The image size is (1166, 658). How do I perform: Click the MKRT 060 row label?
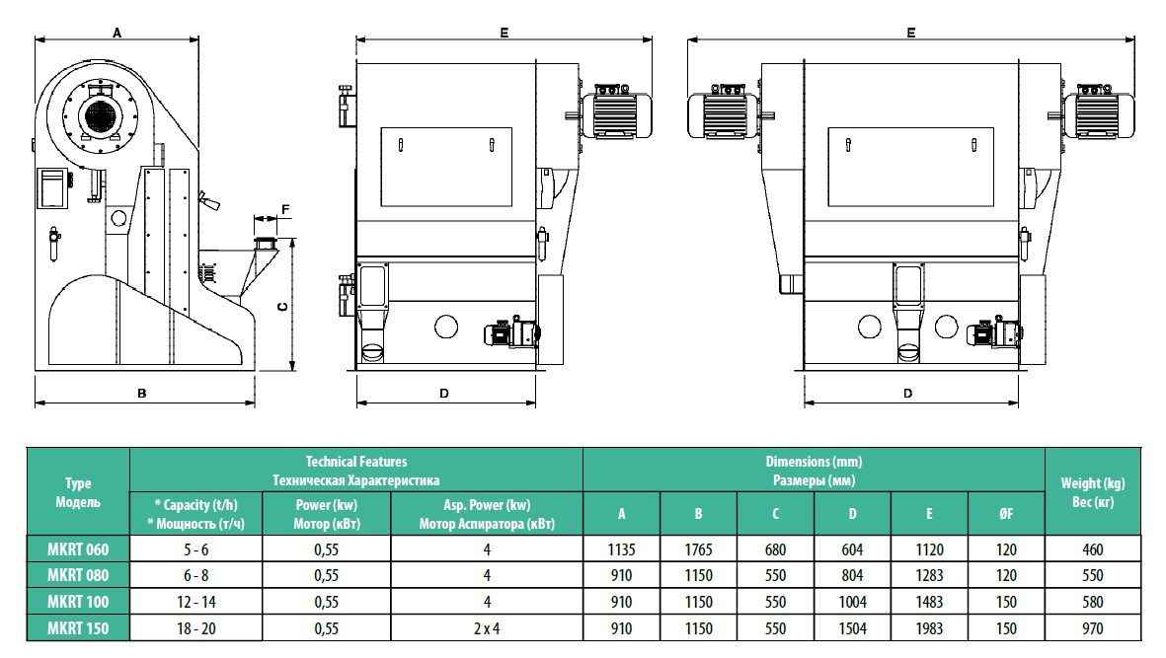78,549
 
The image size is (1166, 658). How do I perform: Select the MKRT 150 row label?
78,628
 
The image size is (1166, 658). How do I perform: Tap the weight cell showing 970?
1092,628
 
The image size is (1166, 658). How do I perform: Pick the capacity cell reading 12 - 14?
196,602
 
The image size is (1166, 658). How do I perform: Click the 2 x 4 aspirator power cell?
487,628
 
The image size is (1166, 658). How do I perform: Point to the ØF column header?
1006,513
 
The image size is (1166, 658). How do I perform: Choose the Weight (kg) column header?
1092,483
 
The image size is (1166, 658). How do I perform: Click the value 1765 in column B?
698,549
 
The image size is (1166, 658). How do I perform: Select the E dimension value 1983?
929,628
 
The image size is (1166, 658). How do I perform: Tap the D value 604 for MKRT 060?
852,549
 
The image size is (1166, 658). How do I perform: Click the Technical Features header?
356,462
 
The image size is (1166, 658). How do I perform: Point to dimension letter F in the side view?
285,209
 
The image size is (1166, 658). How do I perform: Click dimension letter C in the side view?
282,305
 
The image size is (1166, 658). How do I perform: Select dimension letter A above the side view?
117,33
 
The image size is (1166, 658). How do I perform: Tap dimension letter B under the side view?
142,393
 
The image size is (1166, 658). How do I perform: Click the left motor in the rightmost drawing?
723,111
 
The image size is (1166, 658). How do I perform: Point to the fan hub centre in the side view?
99,115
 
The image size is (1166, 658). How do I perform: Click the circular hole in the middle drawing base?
446,327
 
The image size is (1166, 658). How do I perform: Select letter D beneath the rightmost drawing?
908,393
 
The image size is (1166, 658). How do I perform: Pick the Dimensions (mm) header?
814,462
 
